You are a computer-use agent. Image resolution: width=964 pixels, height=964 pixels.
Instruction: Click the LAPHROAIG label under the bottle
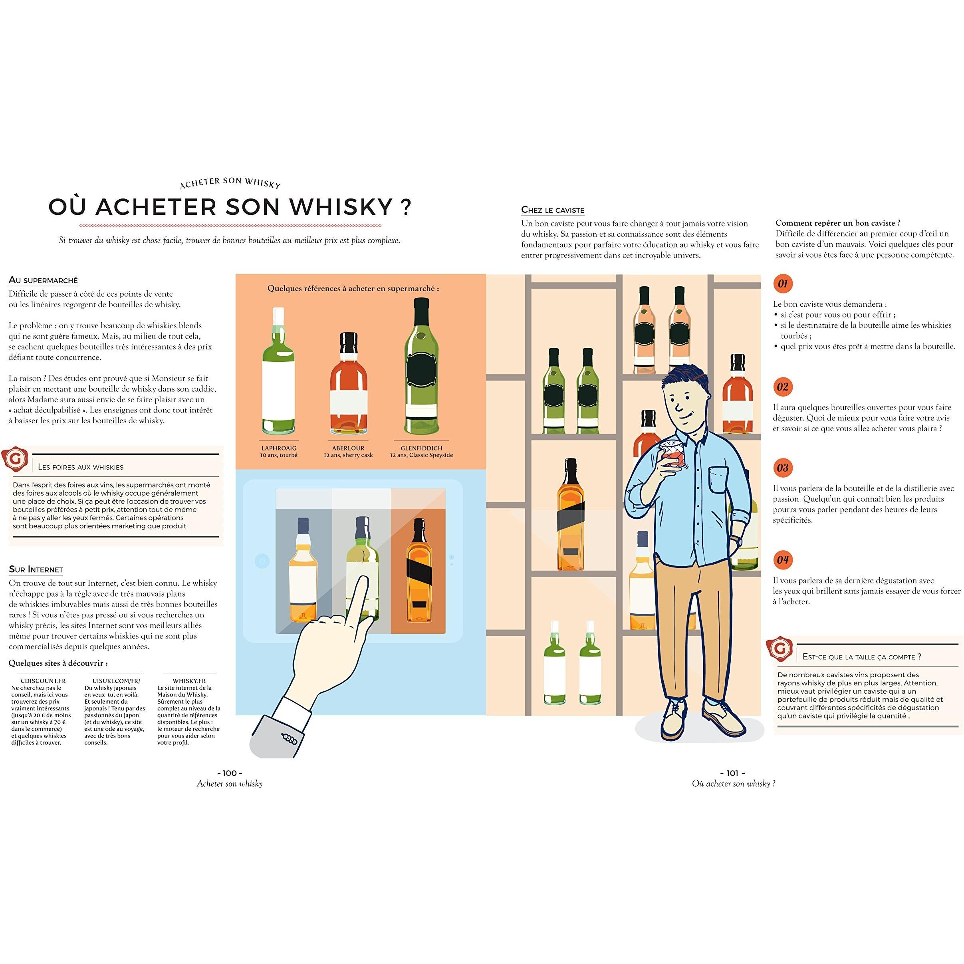point(279,448)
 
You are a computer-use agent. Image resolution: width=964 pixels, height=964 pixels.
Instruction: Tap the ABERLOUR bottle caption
point(348,448)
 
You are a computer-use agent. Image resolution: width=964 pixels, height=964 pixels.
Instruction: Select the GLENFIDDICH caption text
point(422,448)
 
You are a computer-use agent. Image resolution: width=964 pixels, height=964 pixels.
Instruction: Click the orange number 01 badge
point(783,284)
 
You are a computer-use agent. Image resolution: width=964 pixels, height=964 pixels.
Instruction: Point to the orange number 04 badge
point(783,560)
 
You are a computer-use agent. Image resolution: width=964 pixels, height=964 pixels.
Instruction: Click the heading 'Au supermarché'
point(44,280)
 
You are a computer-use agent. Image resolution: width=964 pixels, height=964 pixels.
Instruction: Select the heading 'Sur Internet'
point(36,569)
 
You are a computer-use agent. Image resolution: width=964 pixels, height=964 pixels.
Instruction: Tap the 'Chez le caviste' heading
point(553,210)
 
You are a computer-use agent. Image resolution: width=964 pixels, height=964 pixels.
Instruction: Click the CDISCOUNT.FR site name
point(44,680)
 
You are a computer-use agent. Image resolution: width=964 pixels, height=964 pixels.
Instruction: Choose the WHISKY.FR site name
point(189,680)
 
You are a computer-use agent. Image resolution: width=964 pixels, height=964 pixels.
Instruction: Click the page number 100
point(230,773)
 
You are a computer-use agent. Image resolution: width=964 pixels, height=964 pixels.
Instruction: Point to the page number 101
point(732,773)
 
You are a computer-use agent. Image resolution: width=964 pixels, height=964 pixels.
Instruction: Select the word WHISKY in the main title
point(341,206)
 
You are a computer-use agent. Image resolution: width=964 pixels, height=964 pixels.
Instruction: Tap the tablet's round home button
point(262,561)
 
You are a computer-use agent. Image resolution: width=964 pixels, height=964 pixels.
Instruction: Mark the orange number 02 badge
point(783,387)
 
